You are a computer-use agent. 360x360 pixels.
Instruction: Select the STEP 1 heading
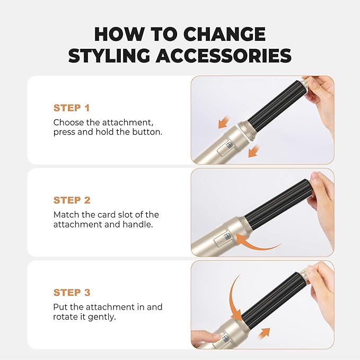pyautogui.click(x=71, y=108)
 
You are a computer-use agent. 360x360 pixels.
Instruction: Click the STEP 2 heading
pyautogui.click(x=72, y=200)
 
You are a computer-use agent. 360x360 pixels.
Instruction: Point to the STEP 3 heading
pyautogui.click(x=72, y=293)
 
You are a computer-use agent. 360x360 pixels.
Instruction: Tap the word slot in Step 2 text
pyautogui.click(x=128, y=215)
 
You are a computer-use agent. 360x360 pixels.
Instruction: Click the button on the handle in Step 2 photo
pyautogui.click(x=225, y=238)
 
